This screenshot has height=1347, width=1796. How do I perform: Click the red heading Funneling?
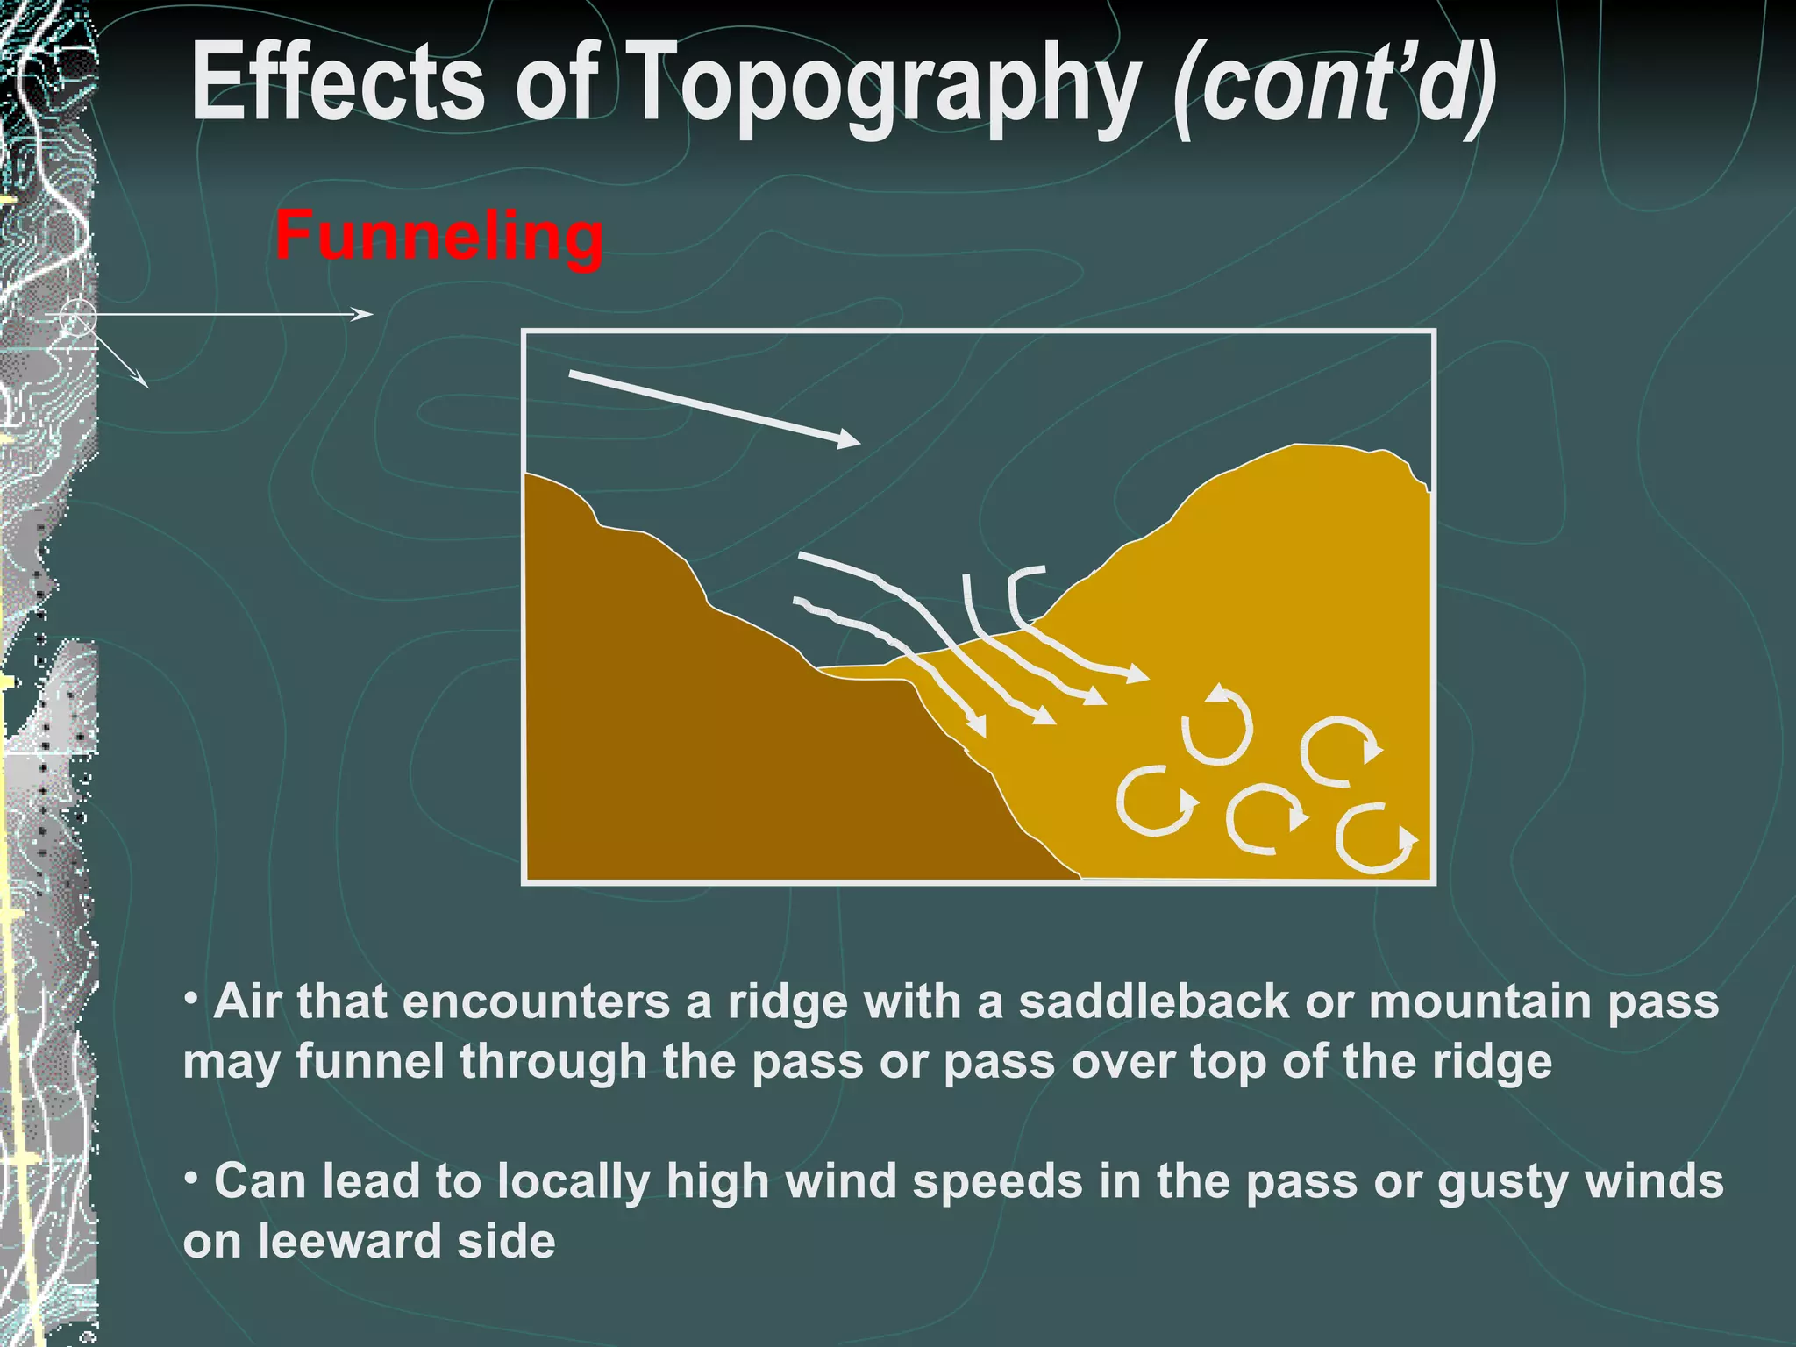tap(438, 237)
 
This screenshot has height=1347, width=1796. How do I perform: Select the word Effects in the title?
tap(338, 83)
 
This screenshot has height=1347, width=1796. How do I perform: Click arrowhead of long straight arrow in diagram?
tap(849, 439)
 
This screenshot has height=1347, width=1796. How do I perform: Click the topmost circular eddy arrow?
tap(1217, 726)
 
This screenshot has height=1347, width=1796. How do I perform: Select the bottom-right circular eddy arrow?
tap(1374, 838)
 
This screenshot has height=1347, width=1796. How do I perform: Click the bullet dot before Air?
tap(191, 998)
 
